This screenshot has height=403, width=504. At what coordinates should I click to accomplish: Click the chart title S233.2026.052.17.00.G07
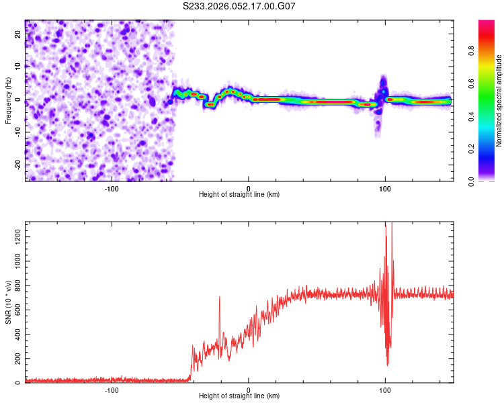pyautogui.click(x=240, y=6)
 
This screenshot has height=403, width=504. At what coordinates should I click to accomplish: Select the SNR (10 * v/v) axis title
pyautogui.click(x=9, y=303)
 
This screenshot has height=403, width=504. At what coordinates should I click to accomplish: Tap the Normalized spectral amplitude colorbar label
pyautogui.click(x=499, y=101)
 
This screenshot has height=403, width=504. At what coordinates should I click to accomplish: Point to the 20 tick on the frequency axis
pyautogui.click(x=18, y=34)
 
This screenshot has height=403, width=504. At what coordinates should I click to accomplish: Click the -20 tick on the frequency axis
pyautogui.click(x=18, y=165)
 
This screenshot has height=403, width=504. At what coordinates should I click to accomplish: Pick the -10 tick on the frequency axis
pyautogui.click(x=18, y=132)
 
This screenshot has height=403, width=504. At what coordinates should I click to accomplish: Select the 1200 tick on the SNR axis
pyautogui.click(x=13, y=235)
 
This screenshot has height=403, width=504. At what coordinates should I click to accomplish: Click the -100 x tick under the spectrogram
pyautogui.click(x=112, y=187)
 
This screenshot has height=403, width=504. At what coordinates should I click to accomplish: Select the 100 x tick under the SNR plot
pyautogui.click(x=385, y=390)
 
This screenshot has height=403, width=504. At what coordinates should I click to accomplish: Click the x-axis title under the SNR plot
pyautogui.click(x=239, y=397)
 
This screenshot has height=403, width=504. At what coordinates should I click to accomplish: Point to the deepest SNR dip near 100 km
pyautogui.click(x=388, y=365)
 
